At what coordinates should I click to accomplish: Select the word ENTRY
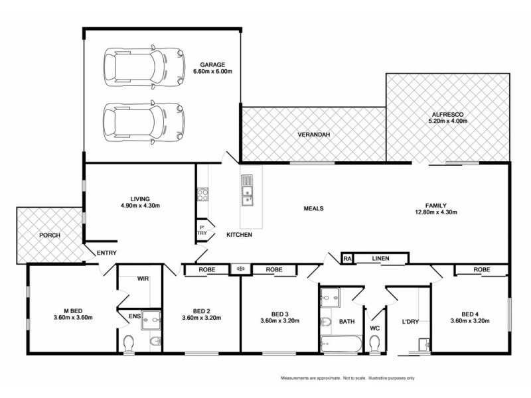point(107,253)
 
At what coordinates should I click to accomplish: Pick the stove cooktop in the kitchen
point(202,194)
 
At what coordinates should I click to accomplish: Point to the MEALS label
point(313,208)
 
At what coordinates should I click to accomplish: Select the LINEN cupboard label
point(380,259)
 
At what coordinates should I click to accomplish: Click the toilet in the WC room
point(374,342)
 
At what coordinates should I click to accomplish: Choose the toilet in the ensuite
point(130,342)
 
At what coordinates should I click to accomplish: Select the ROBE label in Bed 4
point(482,270)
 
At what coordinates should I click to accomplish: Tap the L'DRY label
point(410,322)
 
